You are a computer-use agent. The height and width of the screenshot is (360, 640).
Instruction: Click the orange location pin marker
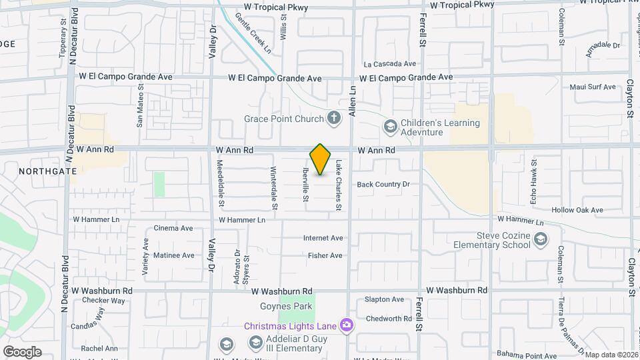click(x=321, y=159)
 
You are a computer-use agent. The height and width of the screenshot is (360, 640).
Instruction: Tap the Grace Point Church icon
click(x=335, y=119)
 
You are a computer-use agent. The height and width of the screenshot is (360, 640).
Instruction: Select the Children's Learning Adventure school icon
click(x=390, y=125)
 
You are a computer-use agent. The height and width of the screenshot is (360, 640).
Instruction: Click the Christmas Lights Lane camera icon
click(x=347, y=325)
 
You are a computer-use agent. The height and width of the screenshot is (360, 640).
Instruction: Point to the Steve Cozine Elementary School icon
click(x=540, y=239)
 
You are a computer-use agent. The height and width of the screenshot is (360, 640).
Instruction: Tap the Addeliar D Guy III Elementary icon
click(x=255, y=343)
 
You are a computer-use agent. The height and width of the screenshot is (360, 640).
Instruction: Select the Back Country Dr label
click(x=383, y=184)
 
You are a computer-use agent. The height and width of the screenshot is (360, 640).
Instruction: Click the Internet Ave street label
click(x=323, y=238)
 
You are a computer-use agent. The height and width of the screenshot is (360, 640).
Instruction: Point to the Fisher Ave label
click(x=325, y=255)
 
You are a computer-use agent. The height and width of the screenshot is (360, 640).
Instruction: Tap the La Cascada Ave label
click(x=390, y=64)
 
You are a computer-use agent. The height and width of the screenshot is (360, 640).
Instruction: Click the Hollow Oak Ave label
click(x=577, y=210)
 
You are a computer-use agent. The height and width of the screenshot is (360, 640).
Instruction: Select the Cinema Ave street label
click(x=173, y=228)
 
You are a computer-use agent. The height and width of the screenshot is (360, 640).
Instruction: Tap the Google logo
click(x=21, y=351)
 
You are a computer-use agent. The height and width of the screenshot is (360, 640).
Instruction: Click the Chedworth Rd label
click(x=389, y=319)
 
